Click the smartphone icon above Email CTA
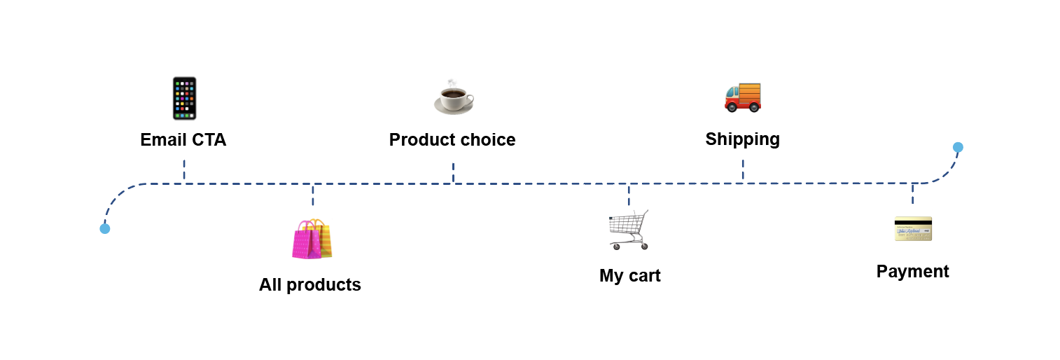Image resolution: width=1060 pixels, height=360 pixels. click(x=184, y=98)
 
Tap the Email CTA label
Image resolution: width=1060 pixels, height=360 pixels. click(x=183, y=140)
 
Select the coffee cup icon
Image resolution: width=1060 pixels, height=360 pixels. click(x=454, y=97)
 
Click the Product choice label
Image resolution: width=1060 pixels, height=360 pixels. click(x=452, y=140)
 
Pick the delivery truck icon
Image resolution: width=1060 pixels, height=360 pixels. click(x=742, y=97)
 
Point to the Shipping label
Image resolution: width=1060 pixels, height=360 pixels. click(x=742, y=140)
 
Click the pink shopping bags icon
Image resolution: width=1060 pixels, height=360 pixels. click(x=312, y=239)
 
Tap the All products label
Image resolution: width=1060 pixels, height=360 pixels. click(x=310, y=284)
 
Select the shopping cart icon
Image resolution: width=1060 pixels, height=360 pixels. click(x=629, y=230)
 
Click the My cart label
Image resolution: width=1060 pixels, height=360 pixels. click(x=630, y=276)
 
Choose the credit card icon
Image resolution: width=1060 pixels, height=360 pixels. click(x=913, y=229)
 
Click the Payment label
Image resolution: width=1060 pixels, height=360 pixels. click(x=912, y=272)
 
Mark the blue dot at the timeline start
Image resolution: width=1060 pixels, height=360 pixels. click(x=105, y=229)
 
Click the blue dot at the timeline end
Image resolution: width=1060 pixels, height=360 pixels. click(x=958, y=147)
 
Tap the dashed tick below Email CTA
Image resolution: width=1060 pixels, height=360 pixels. click(x=184, y=170)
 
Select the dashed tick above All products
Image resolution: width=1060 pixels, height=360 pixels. click(x=313, y=195)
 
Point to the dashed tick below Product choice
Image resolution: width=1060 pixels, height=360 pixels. click(x=454, y=172)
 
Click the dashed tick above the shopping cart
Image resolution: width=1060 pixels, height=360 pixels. click(x=629, y=195)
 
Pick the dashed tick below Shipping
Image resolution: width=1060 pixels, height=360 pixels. click(x=743, y=170)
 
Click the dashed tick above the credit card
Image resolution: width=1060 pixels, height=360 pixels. click(x=913, y=194)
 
